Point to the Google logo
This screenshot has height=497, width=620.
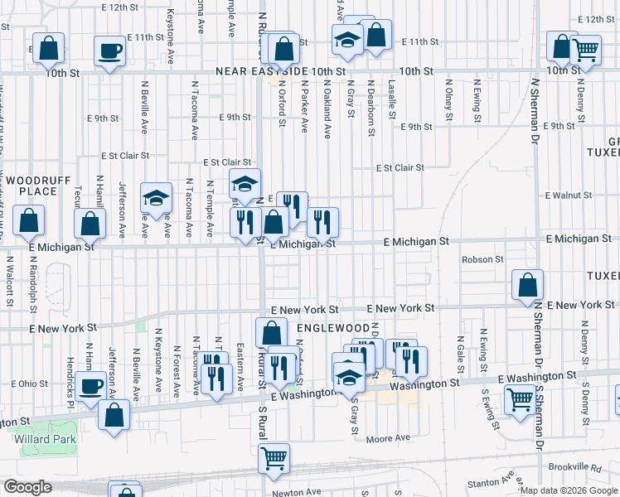pyautogui.click(x=27, y=487)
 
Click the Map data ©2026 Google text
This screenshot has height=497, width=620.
pyautogui.click(x=569, y=490)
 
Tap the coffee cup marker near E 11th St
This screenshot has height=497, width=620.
pyautogui.click(x=109, y=51)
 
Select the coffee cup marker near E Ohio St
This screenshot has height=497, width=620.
pyautogui.click(x=90, y=385)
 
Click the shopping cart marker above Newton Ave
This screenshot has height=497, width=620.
pyautogui.click(x=274, y=457)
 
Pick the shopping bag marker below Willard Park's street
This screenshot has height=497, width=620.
pyautogui.click(x=114, y=414)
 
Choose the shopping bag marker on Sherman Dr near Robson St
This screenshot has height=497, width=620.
pyautogui.click(x=527, y=286)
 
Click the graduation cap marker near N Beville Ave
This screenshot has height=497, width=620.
pyautogui.click(x=156, y=198)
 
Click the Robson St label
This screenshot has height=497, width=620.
pyautogui.click(x=482, y=259)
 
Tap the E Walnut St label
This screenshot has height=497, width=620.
pyautogui.click(x=569, y=195)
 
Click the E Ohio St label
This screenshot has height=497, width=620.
pyautogui.click(x=30, y=384)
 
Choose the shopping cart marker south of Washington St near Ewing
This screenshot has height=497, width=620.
pyautogui.click(x=521, y=401)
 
